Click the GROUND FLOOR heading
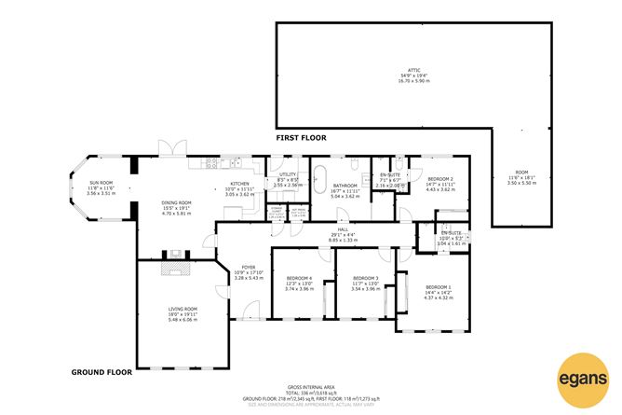click(101, 371)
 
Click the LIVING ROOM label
click(183, 313)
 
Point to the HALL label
click(344, 235)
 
